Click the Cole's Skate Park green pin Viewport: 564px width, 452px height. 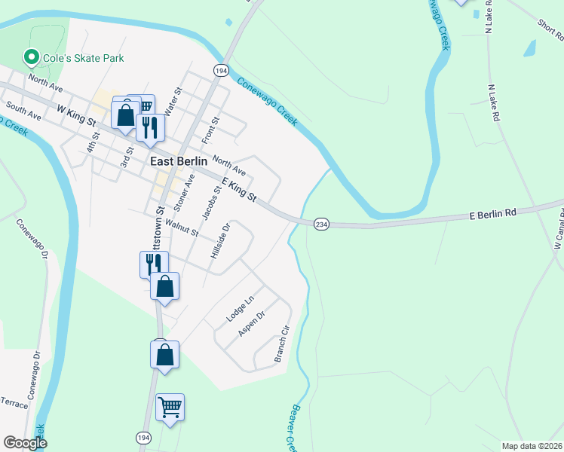pos(32,57)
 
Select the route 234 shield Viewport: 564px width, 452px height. pos(321,224)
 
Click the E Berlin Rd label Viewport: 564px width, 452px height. pos(495,213)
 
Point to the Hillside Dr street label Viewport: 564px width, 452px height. pos(220,242)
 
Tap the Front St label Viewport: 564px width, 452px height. pos(210,130)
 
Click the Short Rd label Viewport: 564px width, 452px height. pos(550,31)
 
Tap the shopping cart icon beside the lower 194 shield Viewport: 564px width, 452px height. pos(170,408)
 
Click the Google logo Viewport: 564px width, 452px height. pos(25,443)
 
